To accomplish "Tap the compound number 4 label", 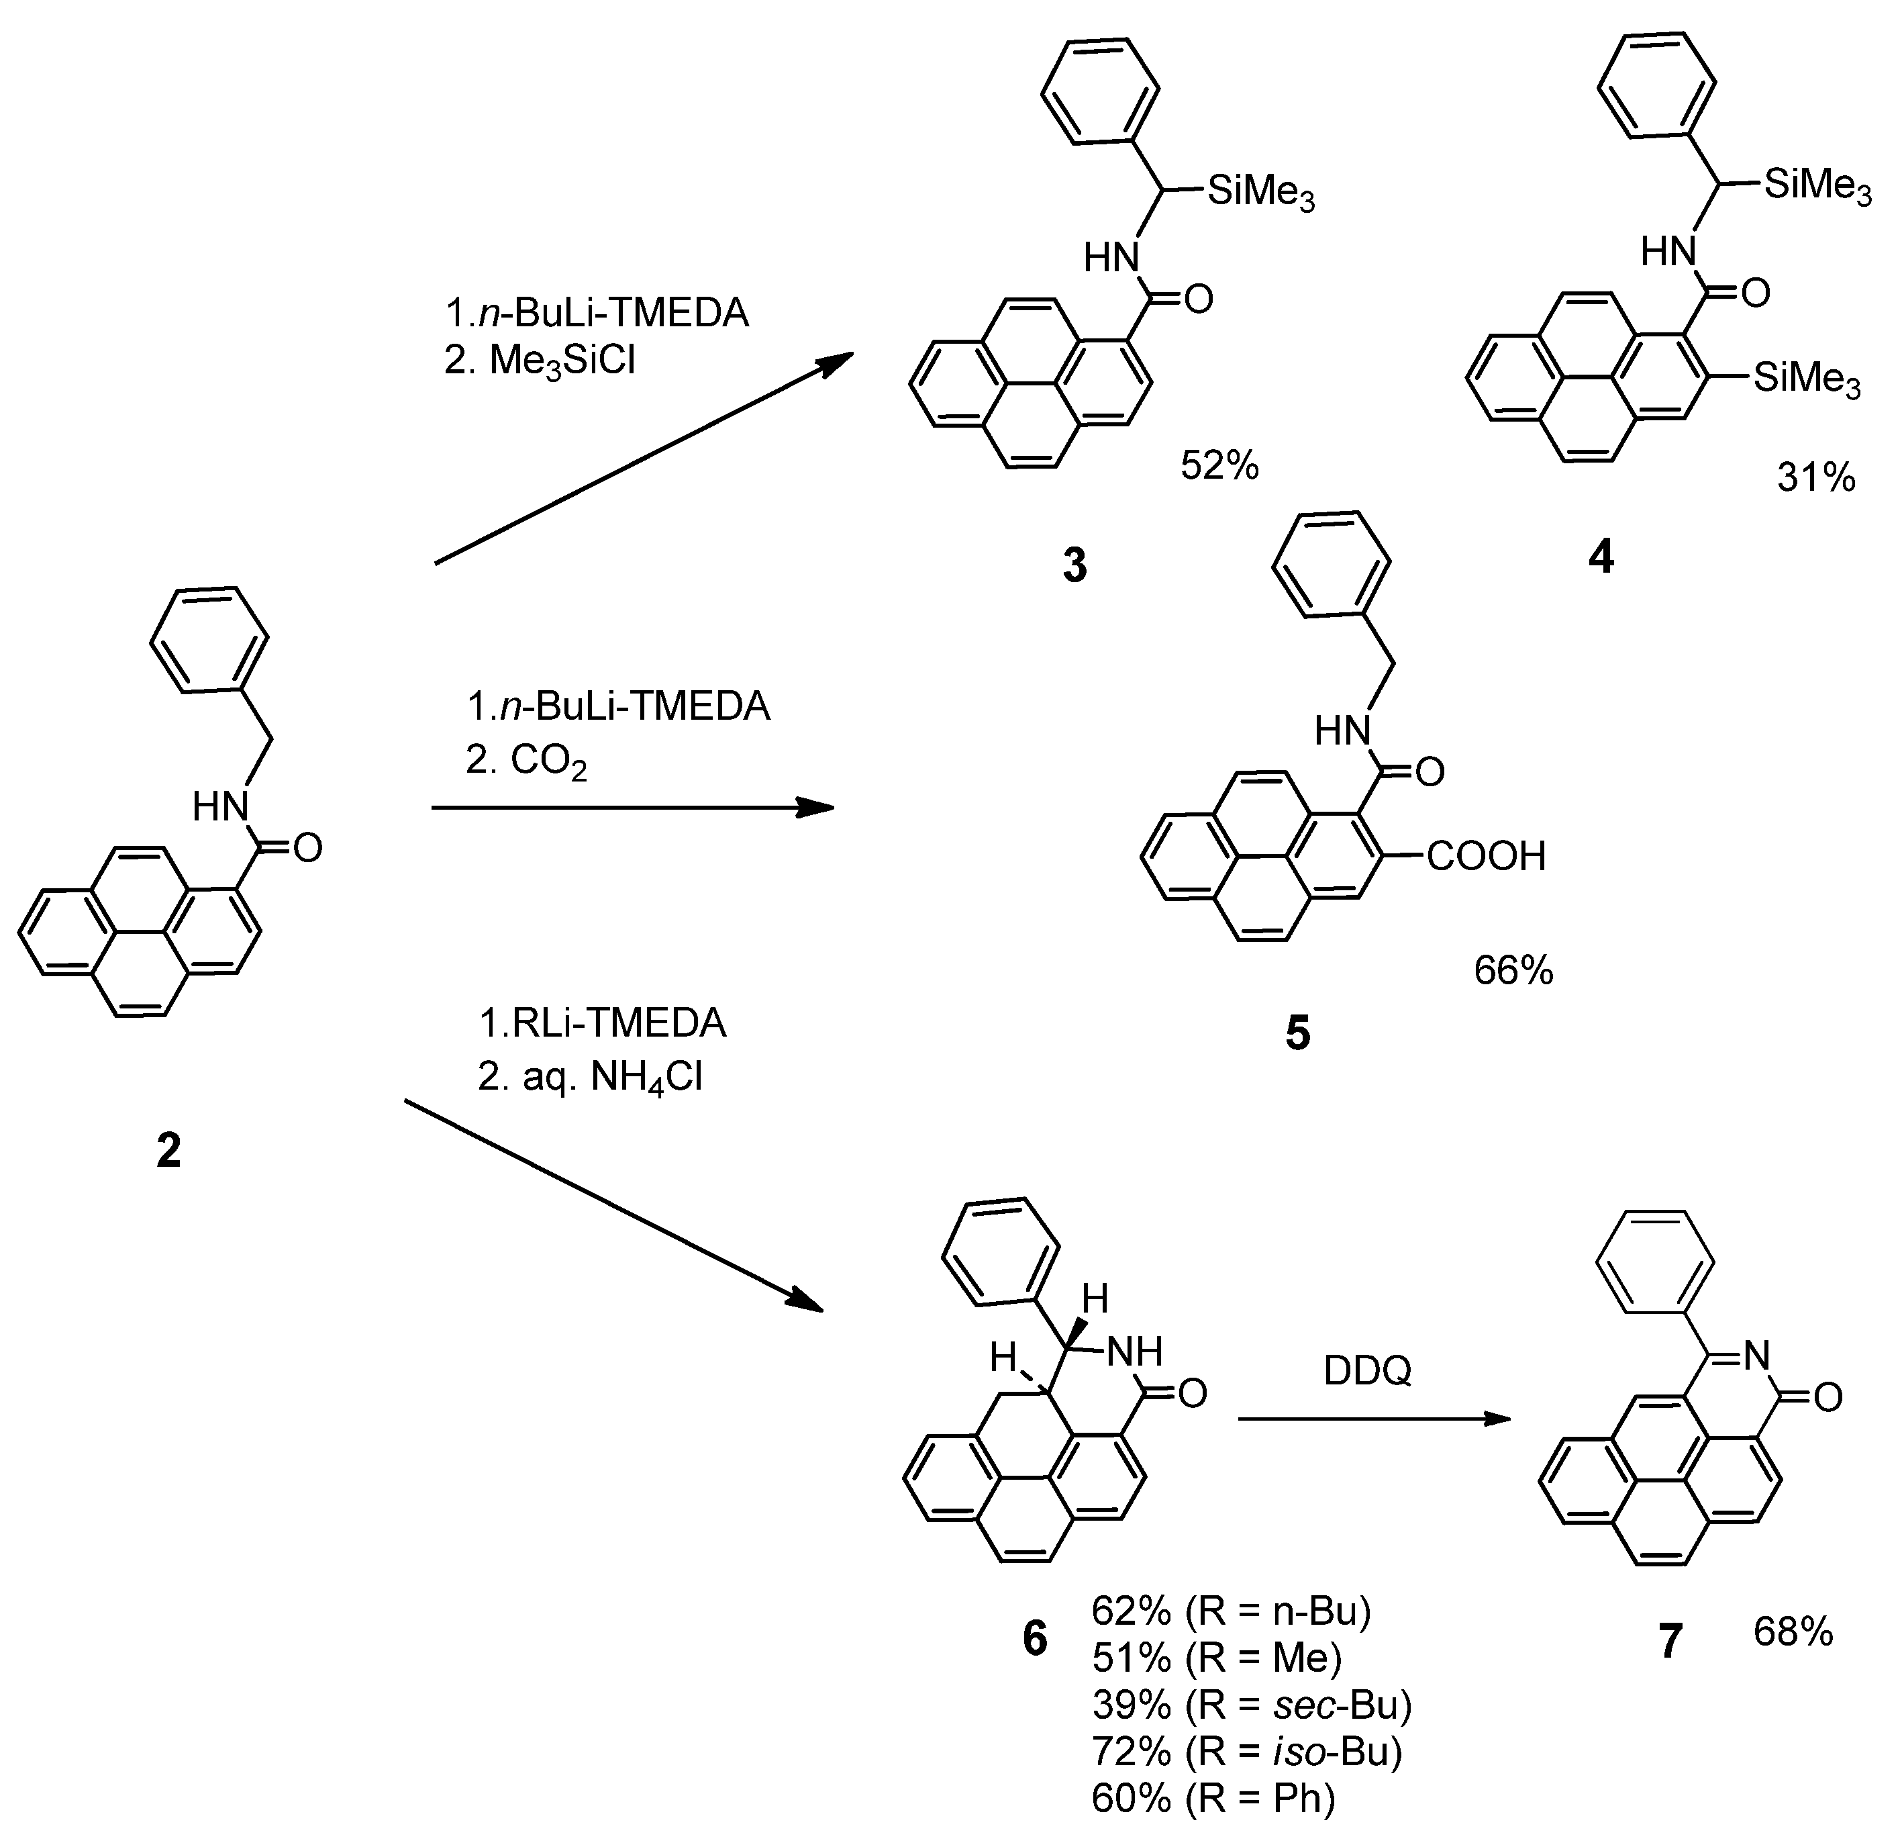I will (1600, 556).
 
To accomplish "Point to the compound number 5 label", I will (1297, 1034).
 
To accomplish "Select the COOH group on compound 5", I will (1486, 857).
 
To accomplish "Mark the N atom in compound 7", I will (1758, 1355).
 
